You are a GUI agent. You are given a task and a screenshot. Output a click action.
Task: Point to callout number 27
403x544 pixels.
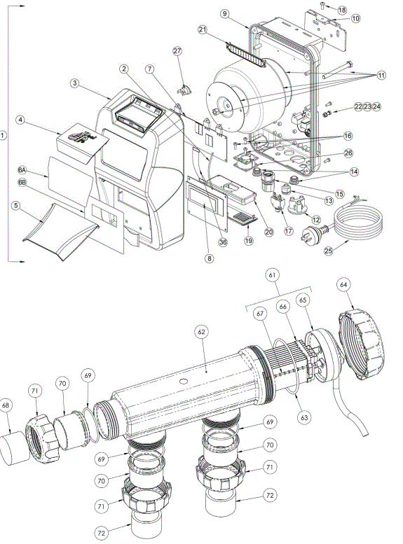pos(177,51)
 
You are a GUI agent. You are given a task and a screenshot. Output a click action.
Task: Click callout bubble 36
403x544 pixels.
pos(224,242)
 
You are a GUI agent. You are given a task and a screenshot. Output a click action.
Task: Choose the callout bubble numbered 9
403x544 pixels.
pos(225,13)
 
